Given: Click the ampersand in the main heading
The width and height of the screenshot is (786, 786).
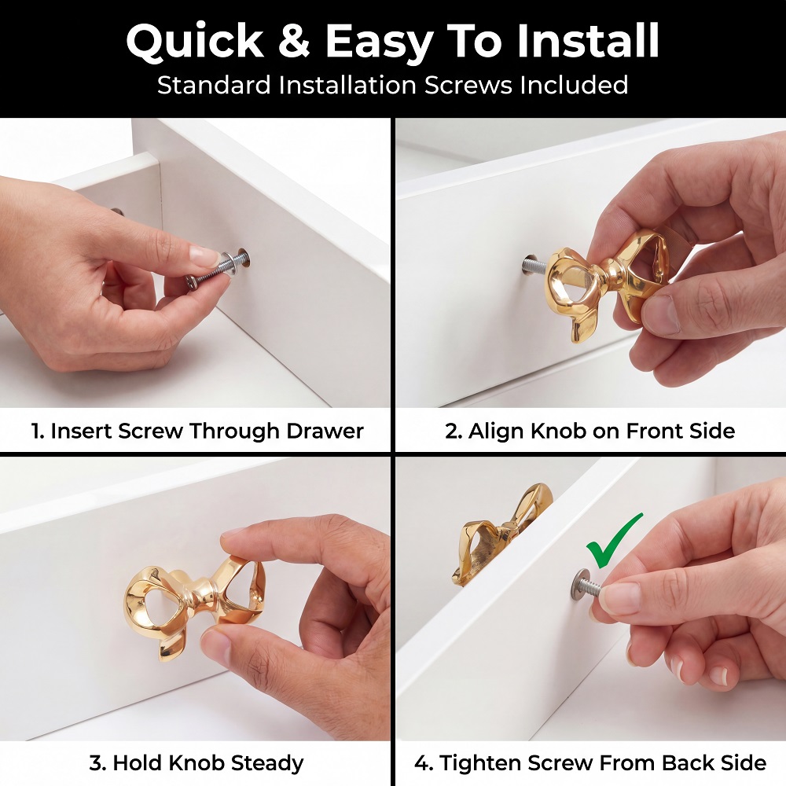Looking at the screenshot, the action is [294, 41].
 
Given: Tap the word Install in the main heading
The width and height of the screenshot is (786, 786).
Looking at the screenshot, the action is [587, 40].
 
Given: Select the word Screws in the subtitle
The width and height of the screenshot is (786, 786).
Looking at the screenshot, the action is [468, 85].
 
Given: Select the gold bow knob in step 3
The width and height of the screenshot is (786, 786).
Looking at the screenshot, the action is [194, 607].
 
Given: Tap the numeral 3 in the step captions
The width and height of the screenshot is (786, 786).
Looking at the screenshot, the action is [96, 763].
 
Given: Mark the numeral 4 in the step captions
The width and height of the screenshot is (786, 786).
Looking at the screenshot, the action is [421, 763].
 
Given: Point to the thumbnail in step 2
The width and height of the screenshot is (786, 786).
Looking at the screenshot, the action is [662, 316].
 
